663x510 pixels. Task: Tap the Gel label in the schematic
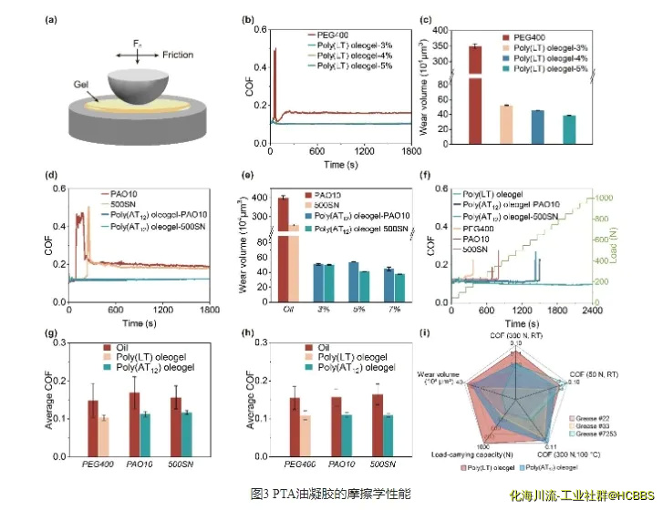click(84, 83)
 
